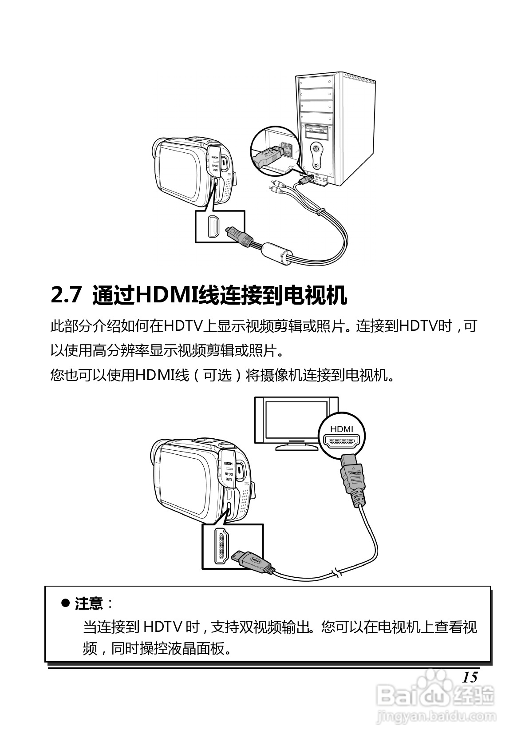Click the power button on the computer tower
(x=316, y=148)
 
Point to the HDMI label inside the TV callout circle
(x=342, y=429)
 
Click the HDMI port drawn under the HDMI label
(x=342, y=442)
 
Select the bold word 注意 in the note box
(x=89, y=603)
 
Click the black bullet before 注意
(x=65, y=603)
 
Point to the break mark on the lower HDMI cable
(x=338, y=572)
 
